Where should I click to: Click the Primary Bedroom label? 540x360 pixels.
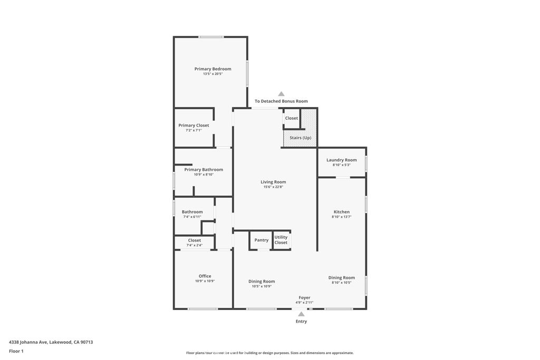tap(213, 69)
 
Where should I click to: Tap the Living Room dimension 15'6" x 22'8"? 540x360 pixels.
tap(273, 187)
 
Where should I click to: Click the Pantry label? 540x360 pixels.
tap(262, 240)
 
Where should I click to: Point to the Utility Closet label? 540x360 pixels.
tap(281, 240)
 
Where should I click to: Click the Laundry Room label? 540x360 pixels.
tap(341, 160)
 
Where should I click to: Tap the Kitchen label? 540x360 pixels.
tap(341, 212)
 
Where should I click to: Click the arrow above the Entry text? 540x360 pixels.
tap(301, 314)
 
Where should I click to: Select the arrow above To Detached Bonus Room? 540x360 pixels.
tap(281, 94)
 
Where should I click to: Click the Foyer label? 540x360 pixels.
tap(304, 298)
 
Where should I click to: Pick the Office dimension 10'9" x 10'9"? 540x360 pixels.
tap(205, 281)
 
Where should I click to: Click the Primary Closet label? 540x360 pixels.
tap(194, 125)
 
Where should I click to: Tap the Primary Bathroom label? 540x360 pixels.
tap(204, 170)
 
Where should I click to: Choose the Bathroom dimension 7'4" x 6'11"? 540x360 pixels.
tap(192, 217)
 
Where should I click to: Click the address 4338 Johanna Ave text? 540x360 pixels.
tap(51, 342)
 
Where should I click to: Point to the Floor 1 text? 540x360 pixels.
tap(16, 351)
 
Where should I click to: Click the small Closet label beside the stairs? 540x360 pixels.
tap(291, 118)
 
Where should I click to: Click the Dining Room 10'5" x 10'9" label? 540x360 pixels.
tap(262, 281)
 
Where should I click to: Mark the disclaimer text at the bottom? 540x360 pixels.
tap(269, 353)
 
